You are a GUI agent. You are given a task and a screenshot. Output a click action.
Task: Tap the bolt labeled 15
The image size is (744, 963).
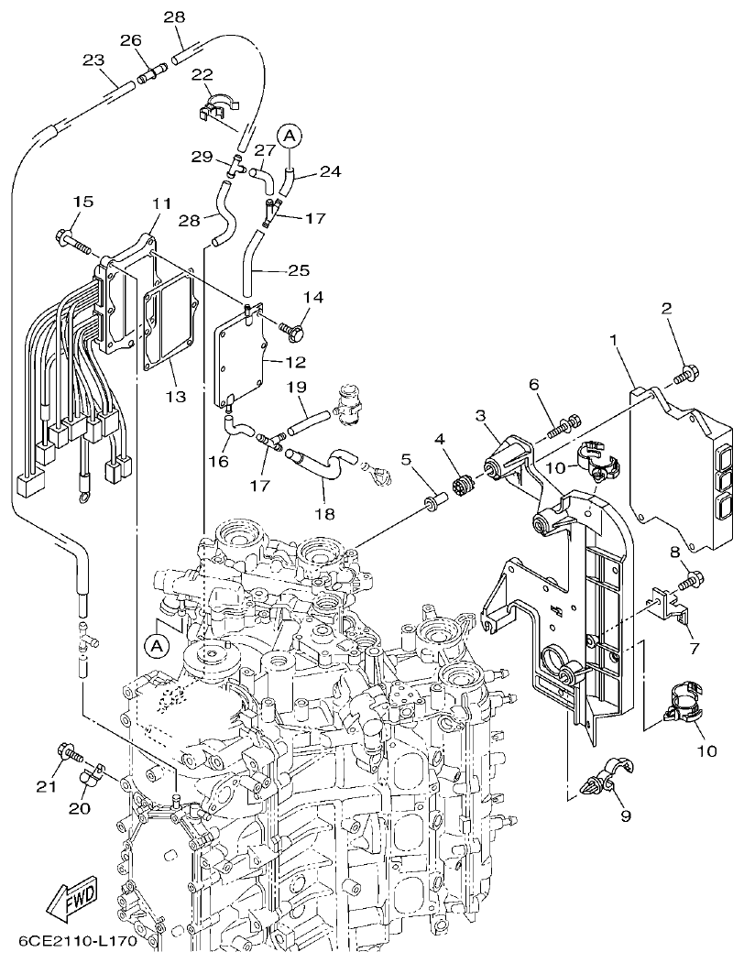tap(71, 242)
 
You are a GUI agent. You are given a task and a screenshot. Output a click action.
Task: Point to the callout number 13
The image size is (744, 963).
tap(175, 396)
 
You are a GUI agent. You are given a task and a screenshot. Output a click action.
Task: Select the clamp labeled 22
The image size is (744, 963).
tap(216, 107)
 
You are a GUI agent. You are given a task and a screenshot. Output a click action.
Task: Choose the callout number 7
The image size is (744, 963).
tap(694, 649)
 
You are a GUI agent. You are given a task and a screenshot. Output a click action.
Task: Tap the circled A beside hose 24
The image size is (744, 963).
tap(290, 137)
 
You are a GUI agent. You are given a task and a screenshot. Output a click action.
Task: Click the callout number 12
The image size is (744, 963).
tap(296, 363)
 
